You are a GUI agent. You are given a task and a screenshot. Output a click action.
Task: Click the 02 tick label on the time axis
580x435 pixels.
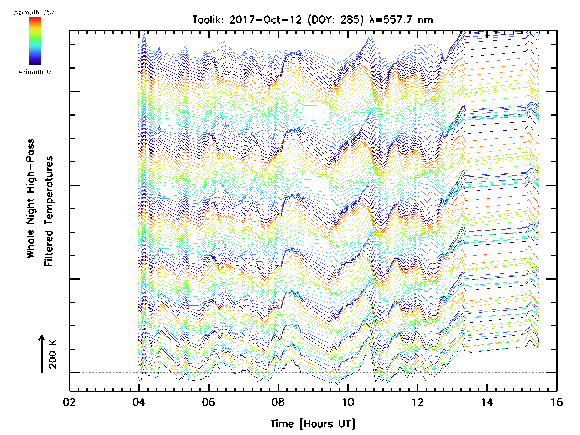(69, 402)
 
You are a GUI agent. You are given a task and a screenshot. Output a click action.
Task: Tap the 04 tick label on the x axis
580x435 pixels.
(139, 402)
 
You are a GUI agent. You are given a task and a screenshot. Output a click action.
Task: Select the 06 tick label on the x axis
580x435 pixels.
(209, 402)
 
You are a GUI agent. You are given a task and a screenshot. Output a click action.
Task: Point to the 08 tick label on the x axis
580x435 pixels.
(278, 402)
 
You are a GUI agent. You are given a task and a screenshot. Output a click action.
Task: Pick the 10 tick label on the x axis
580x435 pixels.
(348, 402)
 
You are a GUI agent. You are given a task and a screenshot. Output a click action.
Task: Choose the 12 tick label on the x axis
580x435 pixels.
(417, 402)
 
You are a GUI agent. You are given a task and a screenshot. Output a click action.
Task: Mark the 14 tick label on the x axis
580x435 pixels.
(487, 402)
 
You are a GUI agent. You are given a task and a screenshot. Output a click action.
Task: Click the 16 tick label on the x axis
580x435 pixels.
(556, 402)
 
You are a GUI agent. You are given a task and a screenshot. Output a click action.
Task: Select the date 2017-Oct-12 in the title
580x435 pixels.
(265, 20)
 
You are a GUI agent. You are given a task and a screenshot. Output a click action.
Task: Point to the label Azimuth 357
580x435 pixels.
(34, 13)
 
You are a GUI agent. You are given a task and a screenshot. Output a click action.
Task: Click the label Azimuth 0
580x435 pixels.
(34, 72)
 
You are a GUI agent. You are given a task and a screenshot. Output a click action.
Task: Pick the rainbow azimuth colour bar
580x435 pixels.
(35, 41)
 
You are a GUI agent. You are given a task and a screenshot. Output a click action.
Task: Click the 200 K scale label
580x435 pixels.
(52, 354)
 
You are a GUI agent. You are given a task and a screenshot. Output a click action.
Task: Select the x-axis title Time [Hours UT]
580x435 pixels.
(312, 424)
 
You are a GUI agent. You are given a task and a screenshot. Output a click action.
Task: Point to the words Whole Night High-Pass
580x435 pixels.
(30, 198)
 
